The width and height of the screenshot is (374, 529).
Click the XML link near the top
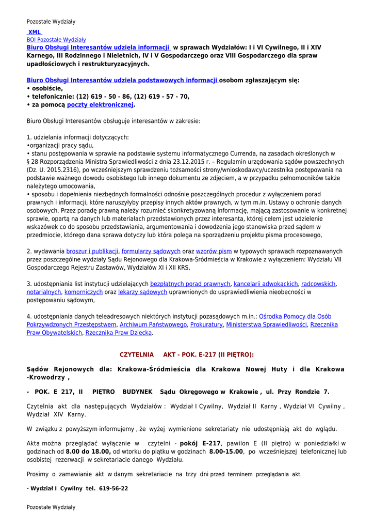point(35,32)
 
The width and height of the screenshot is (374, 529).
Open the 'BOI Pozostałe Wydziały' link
point(56,39)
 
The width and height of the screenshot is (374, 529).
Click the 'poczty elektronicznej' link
point(100,105)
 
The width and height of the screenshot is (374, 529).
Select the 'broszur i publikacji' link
point(92,251)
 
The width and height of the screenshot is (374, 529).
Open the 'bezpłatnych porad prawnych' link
point(190,284)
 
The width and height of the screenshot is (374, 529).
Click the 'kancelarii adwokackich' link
point(266,284)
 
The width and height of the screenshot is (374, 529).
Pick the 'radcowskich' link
point(318,284)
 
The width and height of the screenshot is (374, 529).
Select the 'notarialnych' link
point(44,292)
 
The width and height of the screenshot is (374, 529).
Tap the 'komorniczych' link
point(84,292)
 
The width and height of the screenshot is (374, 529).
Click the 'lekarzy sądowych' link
point(142,292)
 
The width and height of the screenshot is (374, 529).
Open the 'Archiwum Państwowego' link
point(153,324)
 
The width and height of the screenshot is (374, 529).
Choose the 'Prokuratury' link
point(206,324)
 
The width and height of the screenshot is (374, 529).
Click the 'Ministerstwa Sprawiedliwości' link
point(266,324)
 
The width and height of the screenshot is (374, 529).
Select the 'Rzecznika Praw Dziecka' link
point(119,333)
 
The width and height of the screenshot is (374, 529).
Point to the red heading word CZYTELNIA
point(137,355)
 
